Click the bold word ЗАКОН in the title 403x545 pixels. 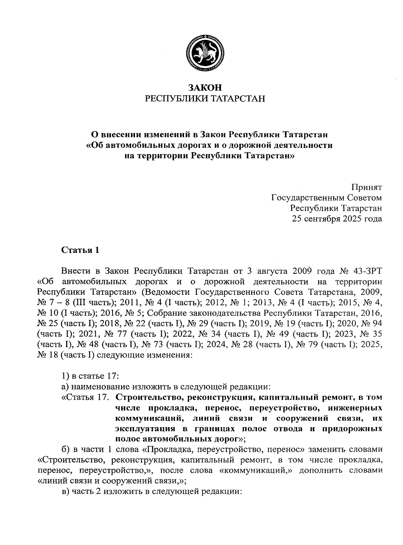pos(205,88)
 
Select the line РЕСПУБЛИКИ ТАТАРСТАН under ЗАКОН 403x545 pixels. pos(205,99)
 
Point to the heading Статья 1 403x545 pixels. pos(80,251)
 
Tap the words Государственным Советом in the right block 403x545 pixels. pos(326,198)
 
